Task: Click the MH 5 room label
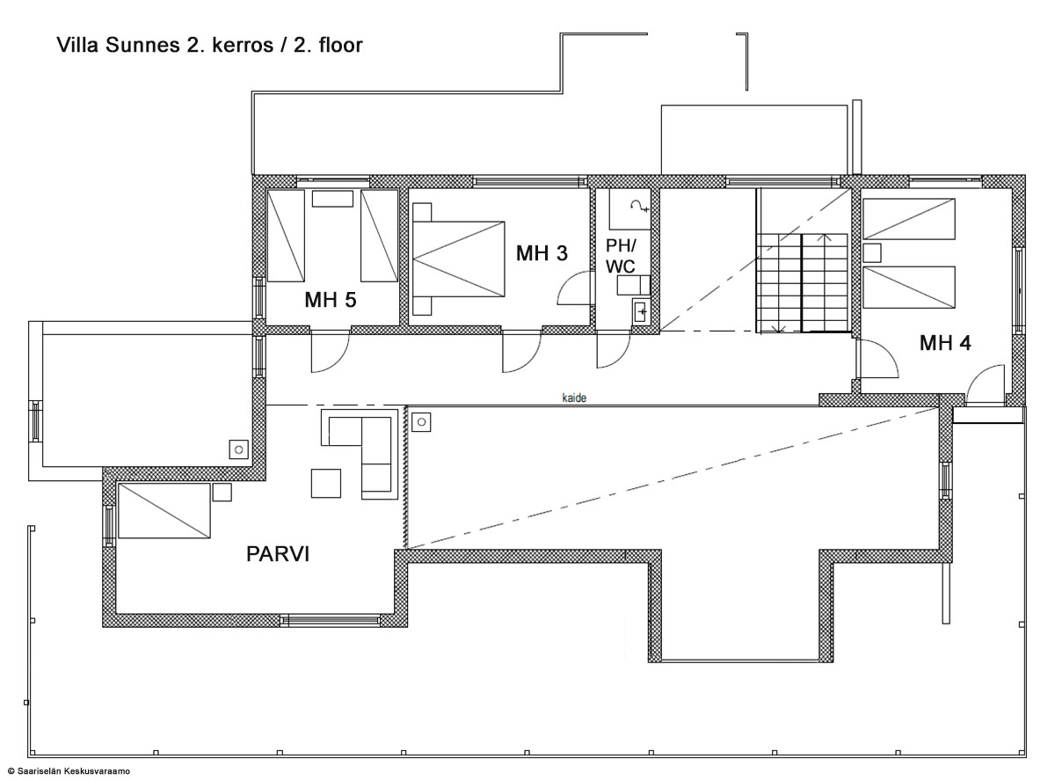[330, 300]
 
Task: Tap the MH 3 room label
[542, 253]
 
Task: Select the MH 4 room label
[945, 343]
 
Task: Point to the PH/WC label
[621, 256]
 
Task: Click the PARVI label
[278, 554]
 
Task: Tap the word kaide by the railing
[574, 398]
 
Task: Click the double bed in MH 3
[458, 259]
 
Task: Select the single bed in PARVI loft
[164, 511]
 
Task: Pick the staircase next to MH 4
[802, 282]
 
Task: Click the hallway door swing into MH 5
[330, 351]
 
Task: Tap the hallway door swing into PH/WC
[614, 349]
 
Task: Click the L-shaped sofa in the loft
[360, 454]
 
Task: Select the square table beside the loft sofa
[326, 484]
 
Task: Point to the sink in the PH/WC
[640, 311]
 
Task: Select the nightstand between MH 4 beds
[872, 252]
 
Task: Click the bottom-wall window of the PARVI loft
[330, 620]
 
